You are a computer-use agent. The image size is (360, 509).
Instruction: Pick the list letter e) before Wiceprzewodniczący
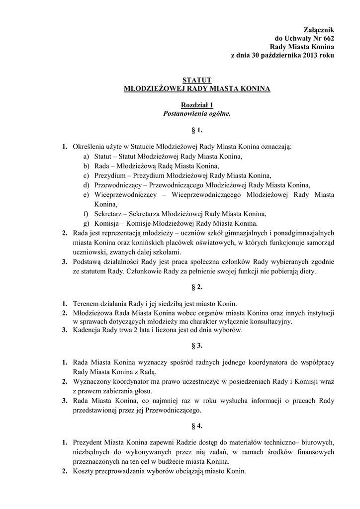click(87, 194)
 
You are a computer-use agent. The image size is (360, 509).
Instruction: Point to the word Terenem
click(86, 304)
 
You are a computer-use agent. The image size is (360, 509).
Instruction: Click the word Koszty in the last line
click(83, 470)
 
